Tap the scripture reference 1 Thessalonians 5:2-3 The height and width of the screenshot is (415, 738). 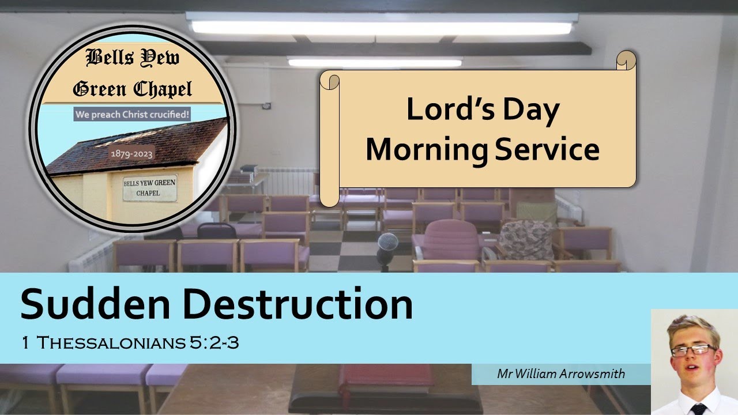130,343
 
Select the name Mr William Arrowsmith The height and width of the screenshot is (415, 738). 560,373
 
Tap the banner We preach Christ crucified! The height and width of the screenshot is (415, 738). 132,114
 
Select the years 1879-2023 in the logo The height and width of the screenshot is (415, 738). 132,154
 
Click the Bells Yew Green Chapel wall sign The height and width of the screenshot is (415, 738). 149,188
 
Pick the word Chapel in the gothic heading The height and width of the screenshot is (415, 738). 163,89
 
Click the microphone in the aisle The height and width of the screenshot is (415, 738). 387,245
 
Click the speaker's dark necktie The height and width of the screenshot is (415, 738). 698,409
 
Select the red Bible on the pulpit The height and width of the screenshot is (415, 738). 386,378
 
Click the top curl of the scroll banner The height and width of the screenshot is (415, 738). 626,60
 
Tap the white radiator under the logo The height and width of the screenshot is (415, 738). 86,256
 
